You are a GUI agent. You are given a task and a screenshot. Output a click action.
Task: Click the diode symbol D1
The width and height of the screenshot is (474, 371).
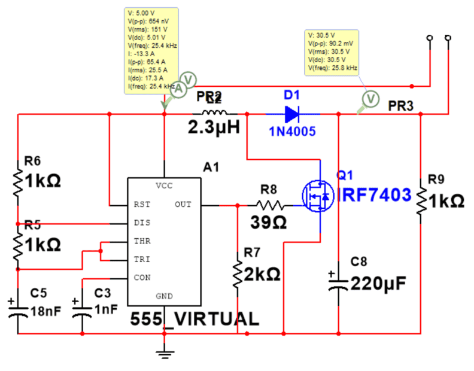[x=291, y=112]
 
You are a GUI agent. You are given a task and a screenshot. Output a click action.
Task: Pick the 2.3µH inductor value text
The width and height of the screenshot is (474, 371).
[x=214, y=127]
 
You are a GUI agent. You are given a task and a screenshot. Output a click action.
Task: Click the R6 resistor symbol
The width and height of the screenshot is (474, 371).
[x=19, y=180]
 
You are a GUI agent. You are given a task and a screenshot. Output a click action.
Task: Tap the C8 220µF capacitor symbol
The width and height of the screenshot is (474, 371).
[x=338, y=281]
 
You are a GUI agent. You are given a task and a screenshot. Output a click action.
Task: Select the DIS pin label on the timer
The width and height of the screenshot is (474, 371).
[x=142, y=223]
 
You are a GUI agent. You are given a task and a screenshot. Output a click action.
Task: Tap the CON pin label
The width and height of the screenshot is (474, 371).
[x=142, y=278]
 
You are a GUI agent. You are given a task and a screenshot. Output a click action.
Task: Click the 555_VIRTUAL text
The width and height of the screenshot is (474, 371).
[x=195, y=319]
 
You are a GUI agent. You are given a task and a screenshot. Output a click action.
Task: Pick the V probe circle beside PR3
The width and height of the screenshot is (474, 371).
[x=370, y=98]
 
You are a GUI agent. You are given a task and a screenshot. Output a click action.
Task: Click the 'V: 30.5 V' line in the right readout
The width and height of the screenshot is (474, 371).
[x=322, y=35]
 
